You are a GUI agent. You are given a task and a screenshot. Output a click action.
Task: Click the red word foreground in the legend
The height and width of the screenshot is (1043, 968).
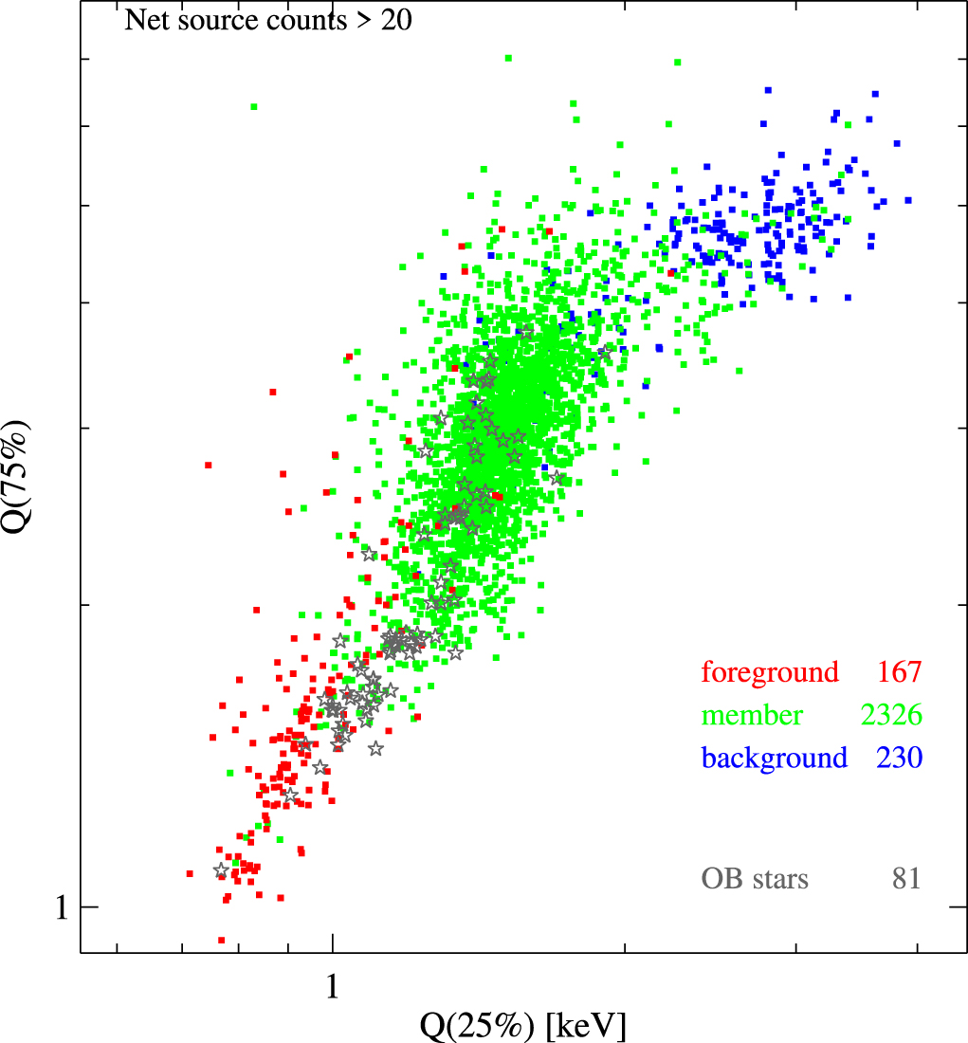coord(770,673)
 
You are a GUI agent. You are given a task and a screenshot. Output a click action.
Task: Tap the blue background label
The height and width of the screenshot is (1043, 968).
coord(774,759)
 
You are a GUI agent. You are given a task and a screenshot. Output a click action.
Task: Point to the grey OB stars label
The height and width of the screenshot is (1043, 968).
coord(755,879)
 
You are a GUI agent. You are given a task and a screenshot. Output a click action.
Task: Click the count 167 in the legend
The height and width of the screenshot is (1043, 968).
coord(899,673)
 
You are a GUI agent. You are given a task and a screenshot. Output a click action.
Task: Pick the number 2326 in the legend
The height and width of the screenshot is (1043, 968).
coord(890,716)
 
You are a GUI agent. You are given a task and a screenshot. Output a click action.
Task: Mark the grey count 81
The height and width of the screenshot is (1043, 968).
coord(905,879)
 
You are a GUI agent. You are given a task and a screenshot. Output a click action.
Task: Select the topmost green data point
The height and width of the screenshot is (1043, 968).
coord(509,58)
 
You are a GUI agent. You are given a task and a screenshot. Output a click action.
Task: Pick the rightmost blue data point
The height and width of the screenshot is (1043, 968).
coord(907,200)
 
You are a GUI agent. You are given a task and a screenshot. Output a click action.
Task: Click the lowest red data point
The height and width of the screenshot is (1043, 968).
coord(222,940)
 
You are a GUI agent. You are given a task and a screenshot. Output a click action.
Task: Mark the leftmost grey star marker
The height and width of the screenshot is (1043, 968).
coord(221,870)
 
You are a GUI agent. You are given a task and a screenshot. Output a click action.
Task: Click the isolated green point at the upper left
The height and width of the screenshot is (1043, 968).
coord(254,106)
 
